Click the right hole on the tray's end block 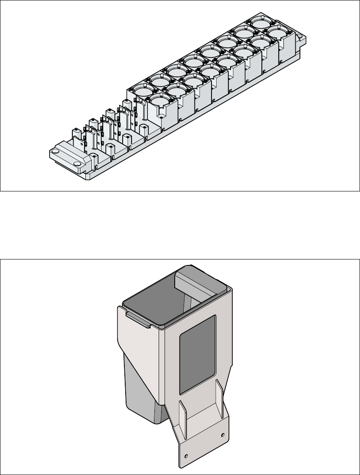point(77,164)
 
